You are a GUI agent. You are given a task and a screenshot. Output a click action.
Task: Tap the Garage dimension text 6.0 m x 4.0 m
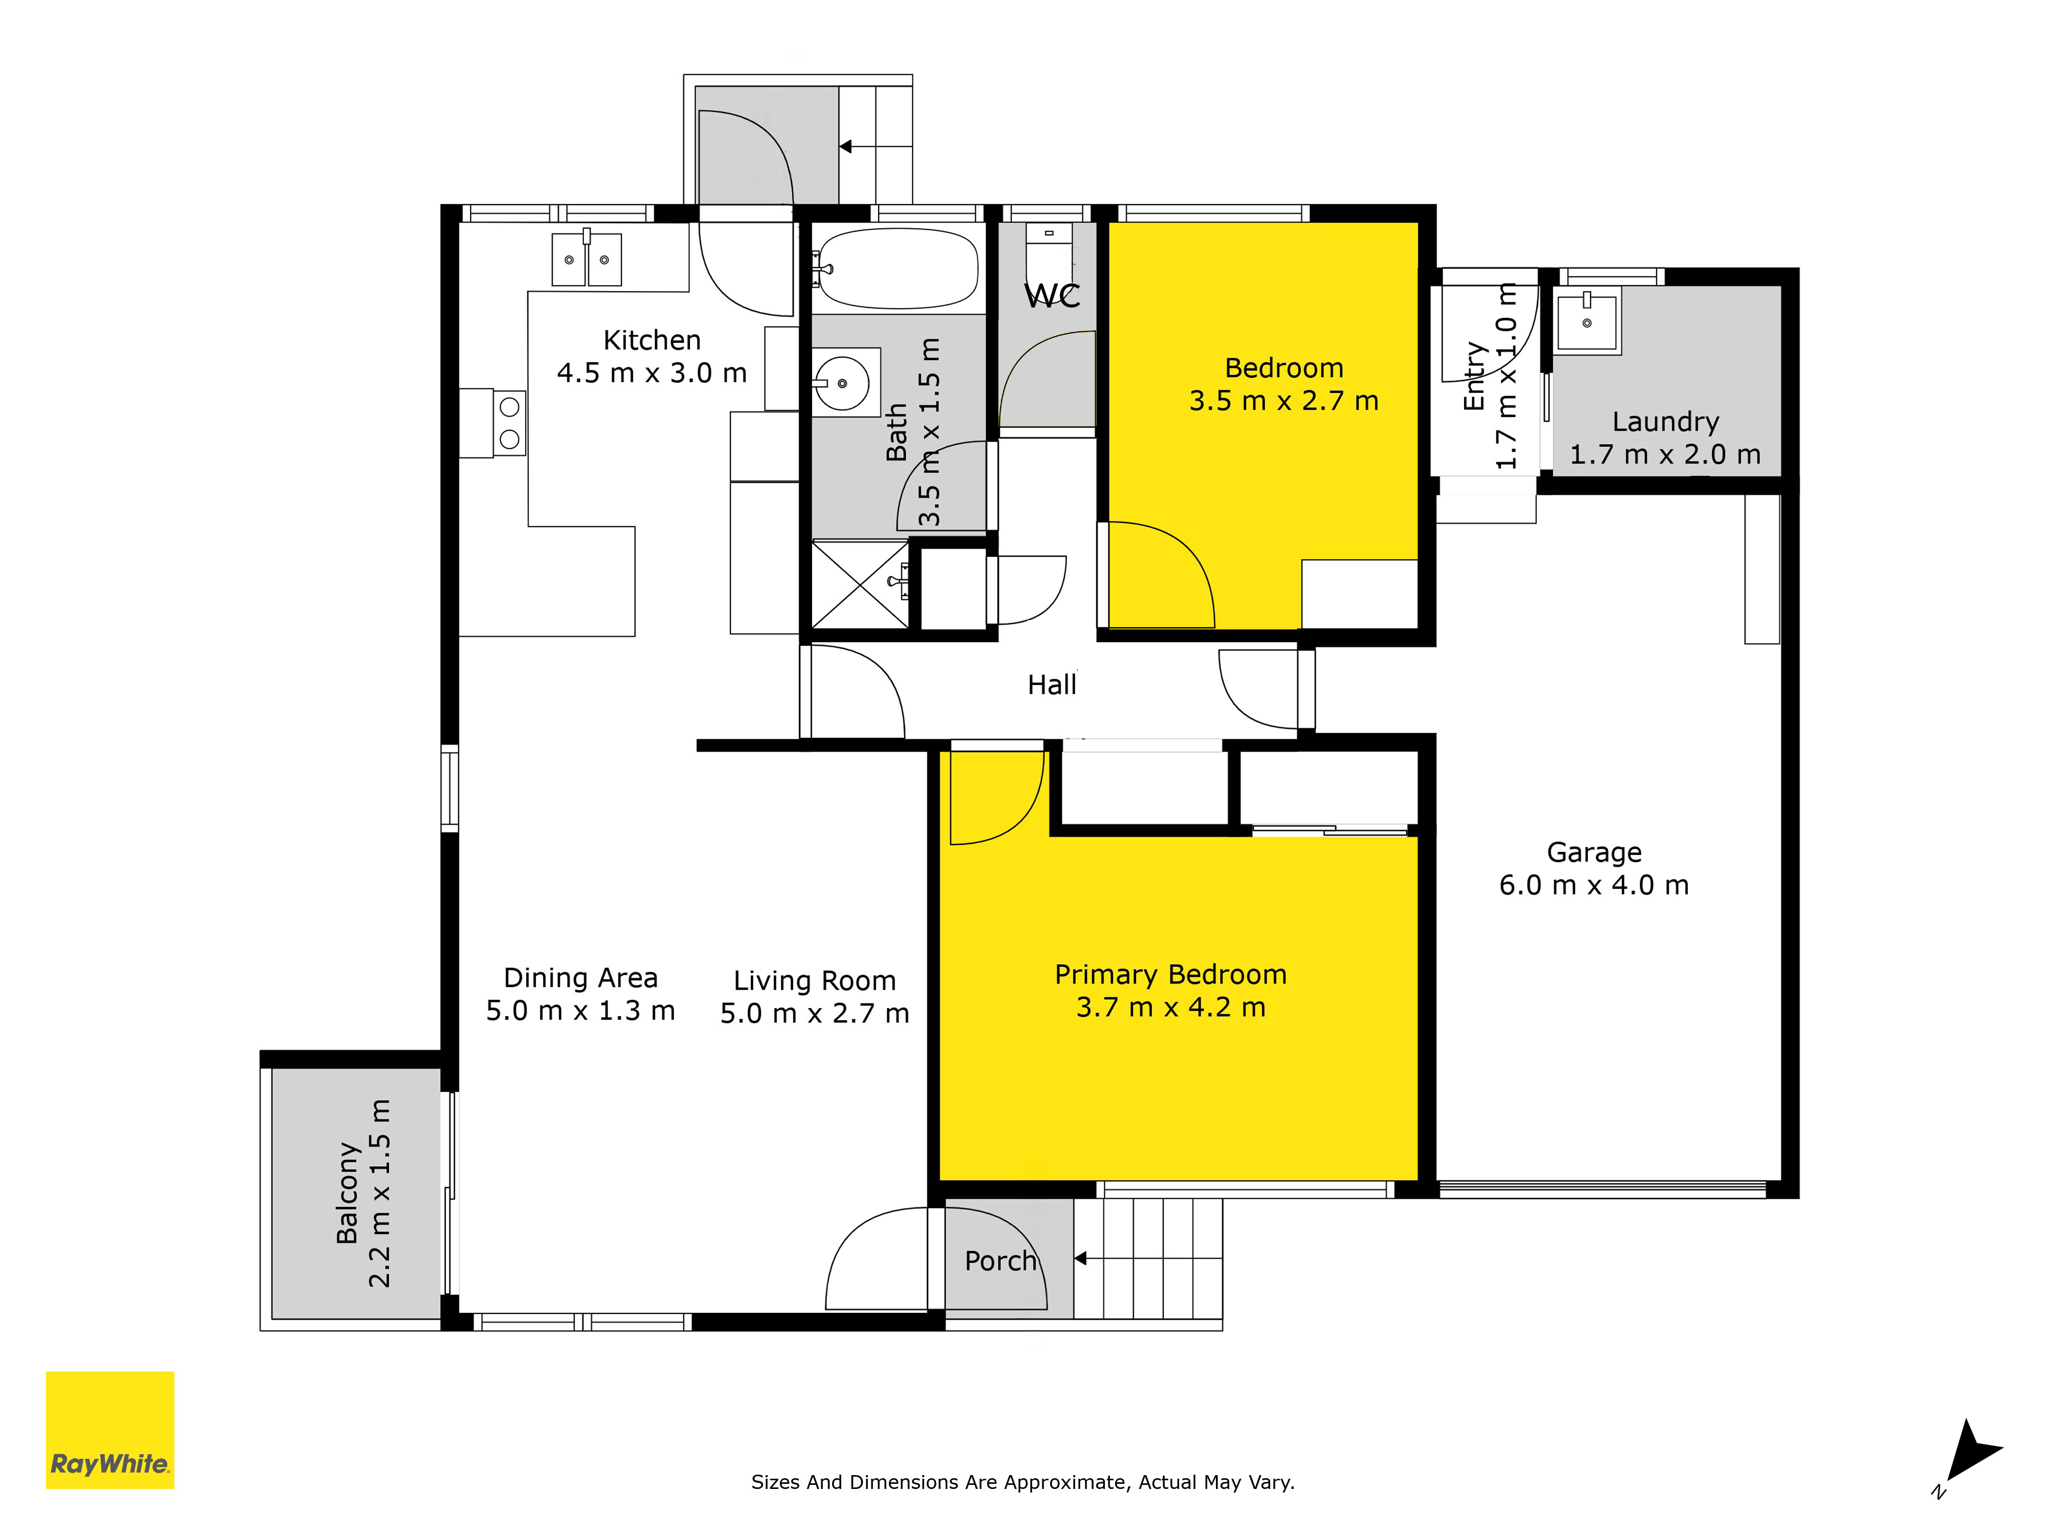point(1594,886)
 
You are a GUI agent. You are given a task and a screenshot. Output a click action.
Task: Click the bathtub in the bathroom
point(898,268)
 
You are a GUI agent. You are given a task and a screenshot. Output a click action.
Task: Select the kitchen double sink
point(586,259)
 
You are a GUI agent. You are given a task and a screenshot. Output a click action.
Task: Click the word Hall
point(1052,685)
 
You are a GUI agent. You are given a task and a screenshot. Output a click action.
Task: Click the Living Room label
point(814,981)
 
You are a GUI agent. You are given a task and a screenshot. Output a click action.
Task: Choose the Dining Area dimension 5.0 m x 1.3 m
point(580,1011)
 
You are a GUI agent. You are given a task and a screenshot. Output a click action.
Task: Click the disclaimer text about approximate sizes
point(1022,1482)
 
